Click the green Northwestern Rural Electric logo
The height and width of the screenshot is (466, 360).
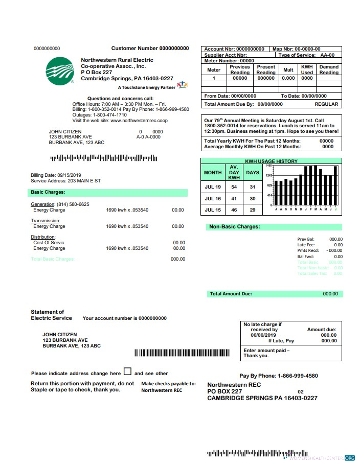59,71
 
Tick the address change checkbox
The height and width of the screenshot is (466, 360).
127,372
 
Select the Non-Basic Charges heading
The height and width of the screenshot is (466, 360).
234,226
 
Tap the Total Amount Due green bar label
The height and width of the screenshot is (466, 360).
231,294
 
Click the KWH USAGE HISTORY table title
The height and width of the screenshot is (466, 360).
271,161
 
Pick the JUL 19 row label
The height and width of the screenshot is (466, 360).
213,187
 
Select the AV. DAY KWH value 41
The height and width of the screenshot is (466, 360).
234,199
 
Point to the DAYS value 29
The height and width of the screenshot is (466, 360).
252,210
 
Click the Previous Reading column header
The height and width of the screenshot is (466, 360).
240,69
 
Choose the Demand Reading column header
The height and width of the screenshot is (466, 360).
329,69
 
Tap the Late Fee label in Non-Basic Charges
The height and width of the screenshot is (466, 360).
306,245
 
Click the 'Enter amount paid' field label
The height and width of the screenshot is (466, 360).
266,351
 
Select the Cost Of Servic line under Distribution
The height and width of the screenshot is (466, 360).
49,243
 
